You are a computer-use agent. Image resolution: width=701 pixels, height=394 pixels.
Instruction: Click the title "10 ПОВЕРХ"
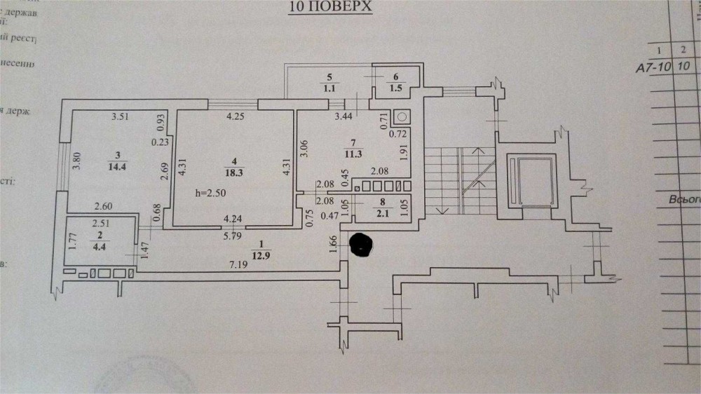(x=329, y=8)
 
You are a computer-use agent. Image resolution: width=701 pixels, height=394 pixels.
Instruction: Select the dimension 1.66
(x=334, y=243)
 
